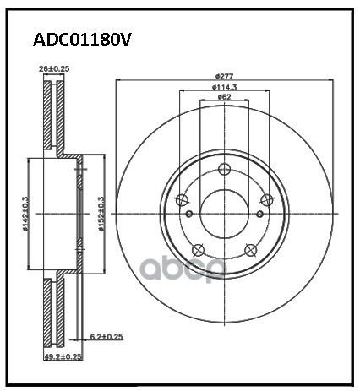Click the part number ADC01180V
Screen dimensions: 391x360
coord(81,39)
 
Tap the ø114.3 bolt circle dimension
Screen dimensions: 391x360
coord(224,88)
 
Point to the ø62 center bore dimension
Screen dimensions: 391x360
coord(224,98)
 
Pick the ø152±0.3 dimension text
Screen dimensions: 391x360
coord(101,211)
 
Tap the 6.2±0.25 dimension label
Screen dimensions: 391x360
coord(106,338)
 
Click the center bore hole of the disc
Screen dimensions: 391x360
coord(224,211)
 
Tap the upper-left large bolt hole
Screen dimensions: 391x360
coord(182,199)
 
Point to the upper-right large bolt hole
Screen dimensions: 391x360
coord(267,199)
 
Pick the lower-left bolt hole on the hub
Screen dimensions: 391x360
coord(198,249)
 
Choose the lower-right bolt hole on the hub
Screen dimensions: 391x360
coord(251,249)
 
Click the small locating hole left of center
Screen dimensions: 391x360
coord(190,212)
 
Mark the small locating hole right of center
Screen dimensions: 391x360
coord(259,212)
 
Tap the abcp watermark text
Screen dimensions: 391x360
coord(177,268)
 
